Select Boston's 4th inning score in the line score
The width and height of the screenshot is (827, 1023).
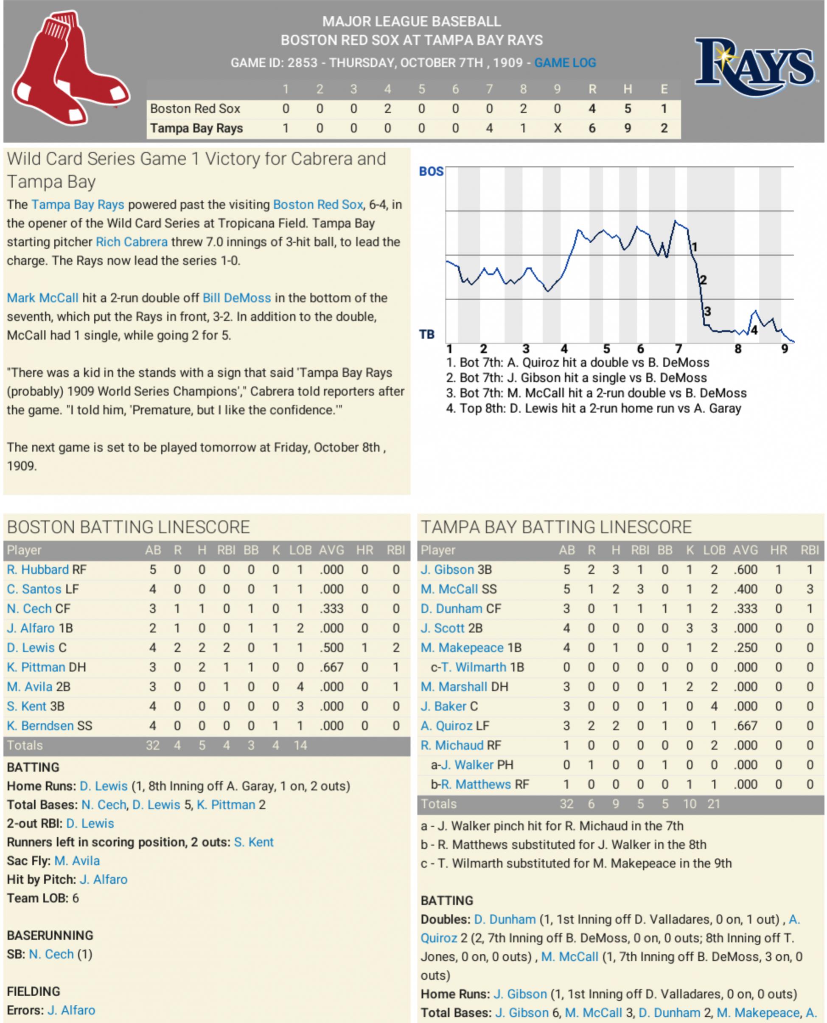point(387,109)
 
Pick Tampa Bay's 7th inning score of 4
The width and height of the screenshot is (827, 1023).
point(489,129)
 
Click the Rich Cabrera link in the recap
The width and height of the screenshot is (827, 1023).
point(132,242)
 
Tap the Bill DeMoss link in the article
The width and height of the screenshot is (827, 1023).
point(237,299)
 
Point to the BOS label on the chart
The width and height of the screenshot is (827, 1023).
point(431,172)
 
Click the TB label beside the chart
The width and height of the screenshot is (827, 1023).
point(427,335)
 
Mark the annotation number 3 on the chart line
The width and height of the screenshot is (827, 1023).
point(707,312)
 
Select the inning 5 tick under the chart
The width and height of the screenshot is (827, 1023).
point(606,349)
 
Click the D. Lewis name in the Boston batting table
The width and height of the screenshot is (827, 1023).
point(31,648)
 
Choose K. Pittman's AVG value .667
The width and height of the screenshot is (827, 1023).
point(331,668)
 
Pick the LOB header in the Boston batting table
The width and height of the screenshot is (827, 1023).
point(300,551)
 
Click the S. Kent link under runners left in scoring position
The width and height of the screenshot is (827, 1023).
point(253,843)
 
